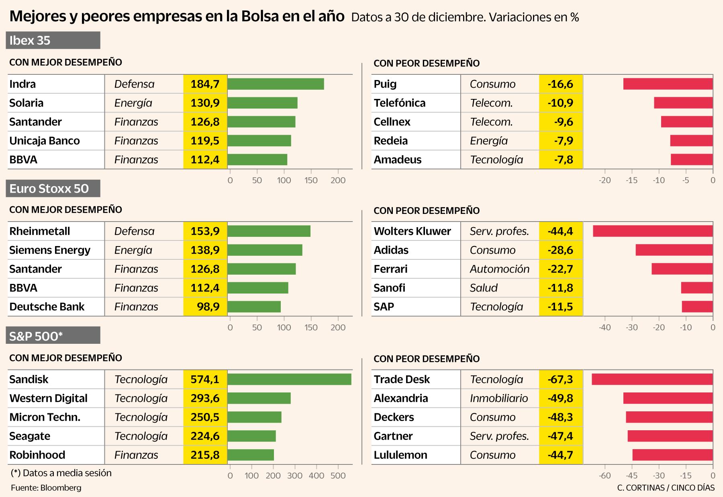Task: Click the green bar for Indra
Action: [x=276, y=84]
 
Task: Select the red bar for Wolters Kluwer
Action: [x=653, y=231]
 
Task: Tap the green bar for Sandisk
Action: [x=289, y=379]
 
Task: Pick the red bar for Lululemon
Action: [x=672, y=455]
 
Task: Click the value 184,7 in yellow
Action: [x=205, y=84]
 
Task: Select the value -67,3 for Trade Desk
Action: [x=560, y=379]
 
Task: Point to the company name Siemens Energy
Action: [x=50, y=250]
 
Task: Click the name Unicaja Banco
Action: [x=45, y=141]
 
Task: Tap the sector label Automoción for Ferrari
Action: [x=500, y=269]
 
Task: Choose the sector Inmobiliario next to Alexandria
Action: [x=499, y=398]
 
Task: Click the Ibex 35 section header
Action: [x=53, y=40]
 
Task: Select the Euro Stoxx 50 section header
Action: [x=53, y=188]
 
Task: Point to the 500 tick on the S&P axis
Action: [x=338, y=476]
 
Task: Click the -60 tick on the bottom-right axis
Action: [x=605, y=476]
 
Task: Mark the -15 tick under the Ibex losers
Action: [x=631, y=180]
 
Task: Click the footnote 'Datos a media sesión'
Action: [x=61, y=473]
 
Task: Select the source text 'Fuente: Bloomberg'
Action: [x=46, y=488]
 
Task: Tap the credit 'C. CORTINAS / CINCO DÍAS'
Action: [x=666, y=488]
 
